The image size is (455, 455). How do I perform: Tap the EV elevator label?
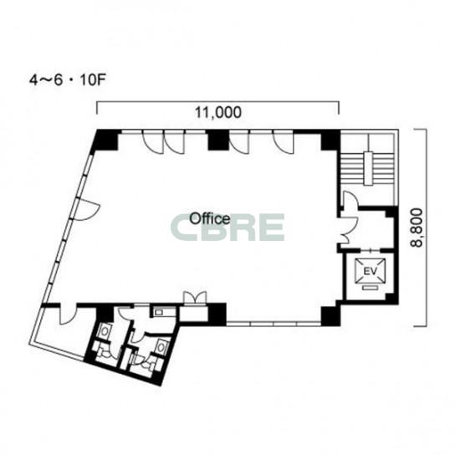(x=370, y=272)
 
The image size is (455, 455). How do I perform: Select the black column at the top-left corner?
(x=105, y=140)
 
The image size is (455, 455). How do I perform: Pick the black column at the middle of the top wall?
(x=218, y=140)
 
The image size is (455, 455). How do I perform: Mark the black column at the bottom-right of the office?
(x=331, y=316)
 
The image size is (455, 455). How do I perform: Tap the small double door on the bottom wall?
(x=197, y=298)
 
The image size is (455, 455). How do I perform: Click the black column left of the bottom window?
(x=217, y=314)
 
